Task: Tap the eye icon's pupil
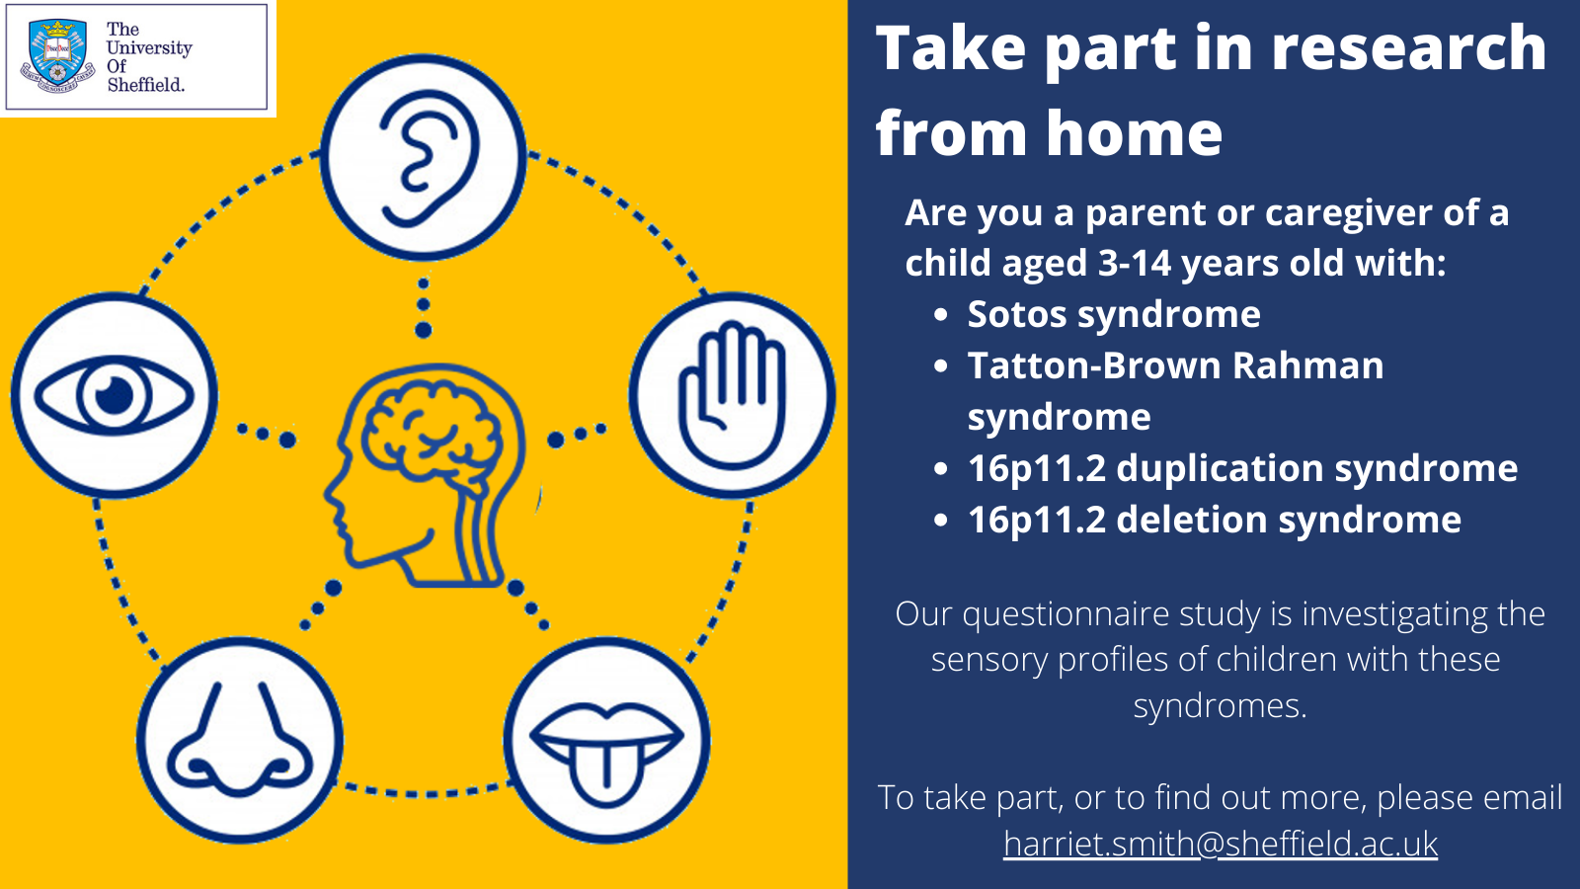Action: [x=115, y=395]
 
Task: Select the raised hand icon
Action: [x=732, y=395]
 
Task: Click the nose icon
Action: [x=240, y=741]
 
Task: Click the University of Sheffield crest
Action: [x=58, y=56]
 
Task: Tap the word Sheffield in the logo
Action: [x=145, y=85]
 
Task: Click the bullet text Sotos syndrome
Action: [x=1113, y=314]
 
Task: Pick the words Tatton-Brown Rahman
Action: [x=1175, y=365]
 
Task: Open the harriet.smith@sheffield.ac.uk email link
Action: [x=1221, y=844]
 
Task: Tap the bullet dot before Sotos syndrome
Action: [x=941, y=315]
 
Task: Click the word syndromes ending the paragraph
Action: [x=1220, y=705]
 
